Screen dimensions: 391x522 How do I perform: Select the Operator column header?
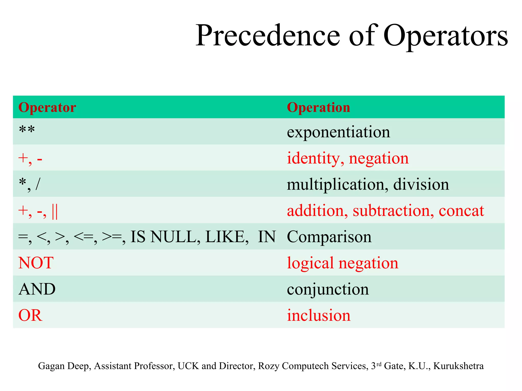47,107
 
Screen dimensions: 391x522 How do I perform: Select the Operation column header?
318,107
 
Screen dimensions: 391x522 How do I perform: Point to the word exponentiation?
338,132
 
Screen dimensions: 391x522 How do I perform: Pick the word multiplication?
335,185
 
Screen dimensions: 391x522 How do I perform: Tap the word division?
421,185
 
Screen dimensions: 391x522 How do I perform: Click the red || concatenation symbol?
55,211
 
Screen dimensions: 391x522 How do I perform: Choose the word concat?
461,211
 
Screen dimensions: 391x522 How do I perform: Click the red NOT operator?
36,263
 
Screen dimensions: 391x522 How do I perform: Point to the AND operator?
37,289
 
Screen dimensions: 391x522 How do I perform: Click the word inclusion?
319,316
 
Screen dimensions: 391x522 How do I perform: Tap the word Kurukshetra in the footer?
458,366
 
